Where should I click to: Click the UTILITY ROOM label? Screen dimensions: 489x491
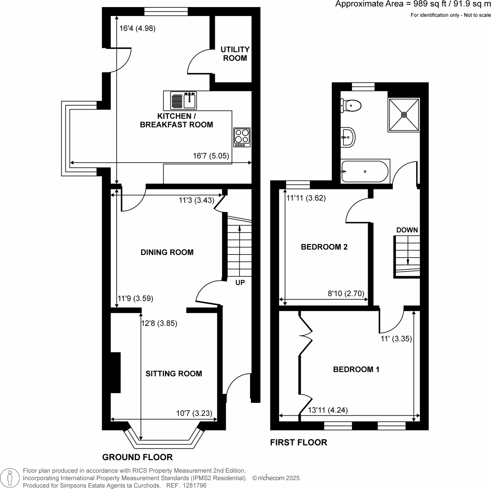[235, 54]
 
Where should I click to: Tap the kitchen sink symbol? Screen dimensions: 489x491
[183, 100]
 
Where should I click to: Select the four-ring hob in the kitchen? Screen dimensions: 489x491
[242, 137]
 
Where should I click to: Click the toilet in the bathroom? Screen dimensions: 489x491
[351, 106]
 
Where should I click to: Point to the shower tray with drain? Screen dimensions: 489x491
[404, 115]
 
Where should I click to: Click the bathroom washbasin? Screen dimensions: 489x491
[348, 137]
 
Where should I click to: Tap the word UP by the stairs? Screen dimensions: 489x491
[240, 283]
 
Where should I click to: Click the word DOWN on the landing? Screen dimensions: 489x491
[407, 230]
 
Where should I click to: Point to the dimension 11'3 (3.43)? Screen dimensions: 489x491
[196, 200]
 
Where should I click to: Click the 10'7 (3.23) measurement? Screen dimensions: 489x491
[194, 413]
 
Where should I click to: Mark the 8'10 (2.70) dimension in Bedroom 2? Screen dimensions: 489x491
[346, 293]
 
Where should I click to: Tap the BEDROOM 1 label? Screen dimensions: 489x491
[356, 369]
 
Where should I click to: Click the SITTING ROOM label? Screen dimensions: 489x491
[174, 374]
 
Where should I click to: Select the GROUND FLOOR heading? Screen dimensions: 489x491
[137, 457]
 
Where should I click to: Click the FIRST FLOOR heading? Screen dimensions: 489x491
[298, 442]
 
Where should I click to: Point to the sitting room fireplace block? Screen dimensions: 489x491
[115, 373]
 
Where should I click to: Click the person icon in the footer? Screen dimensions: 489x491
[10, 478]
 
